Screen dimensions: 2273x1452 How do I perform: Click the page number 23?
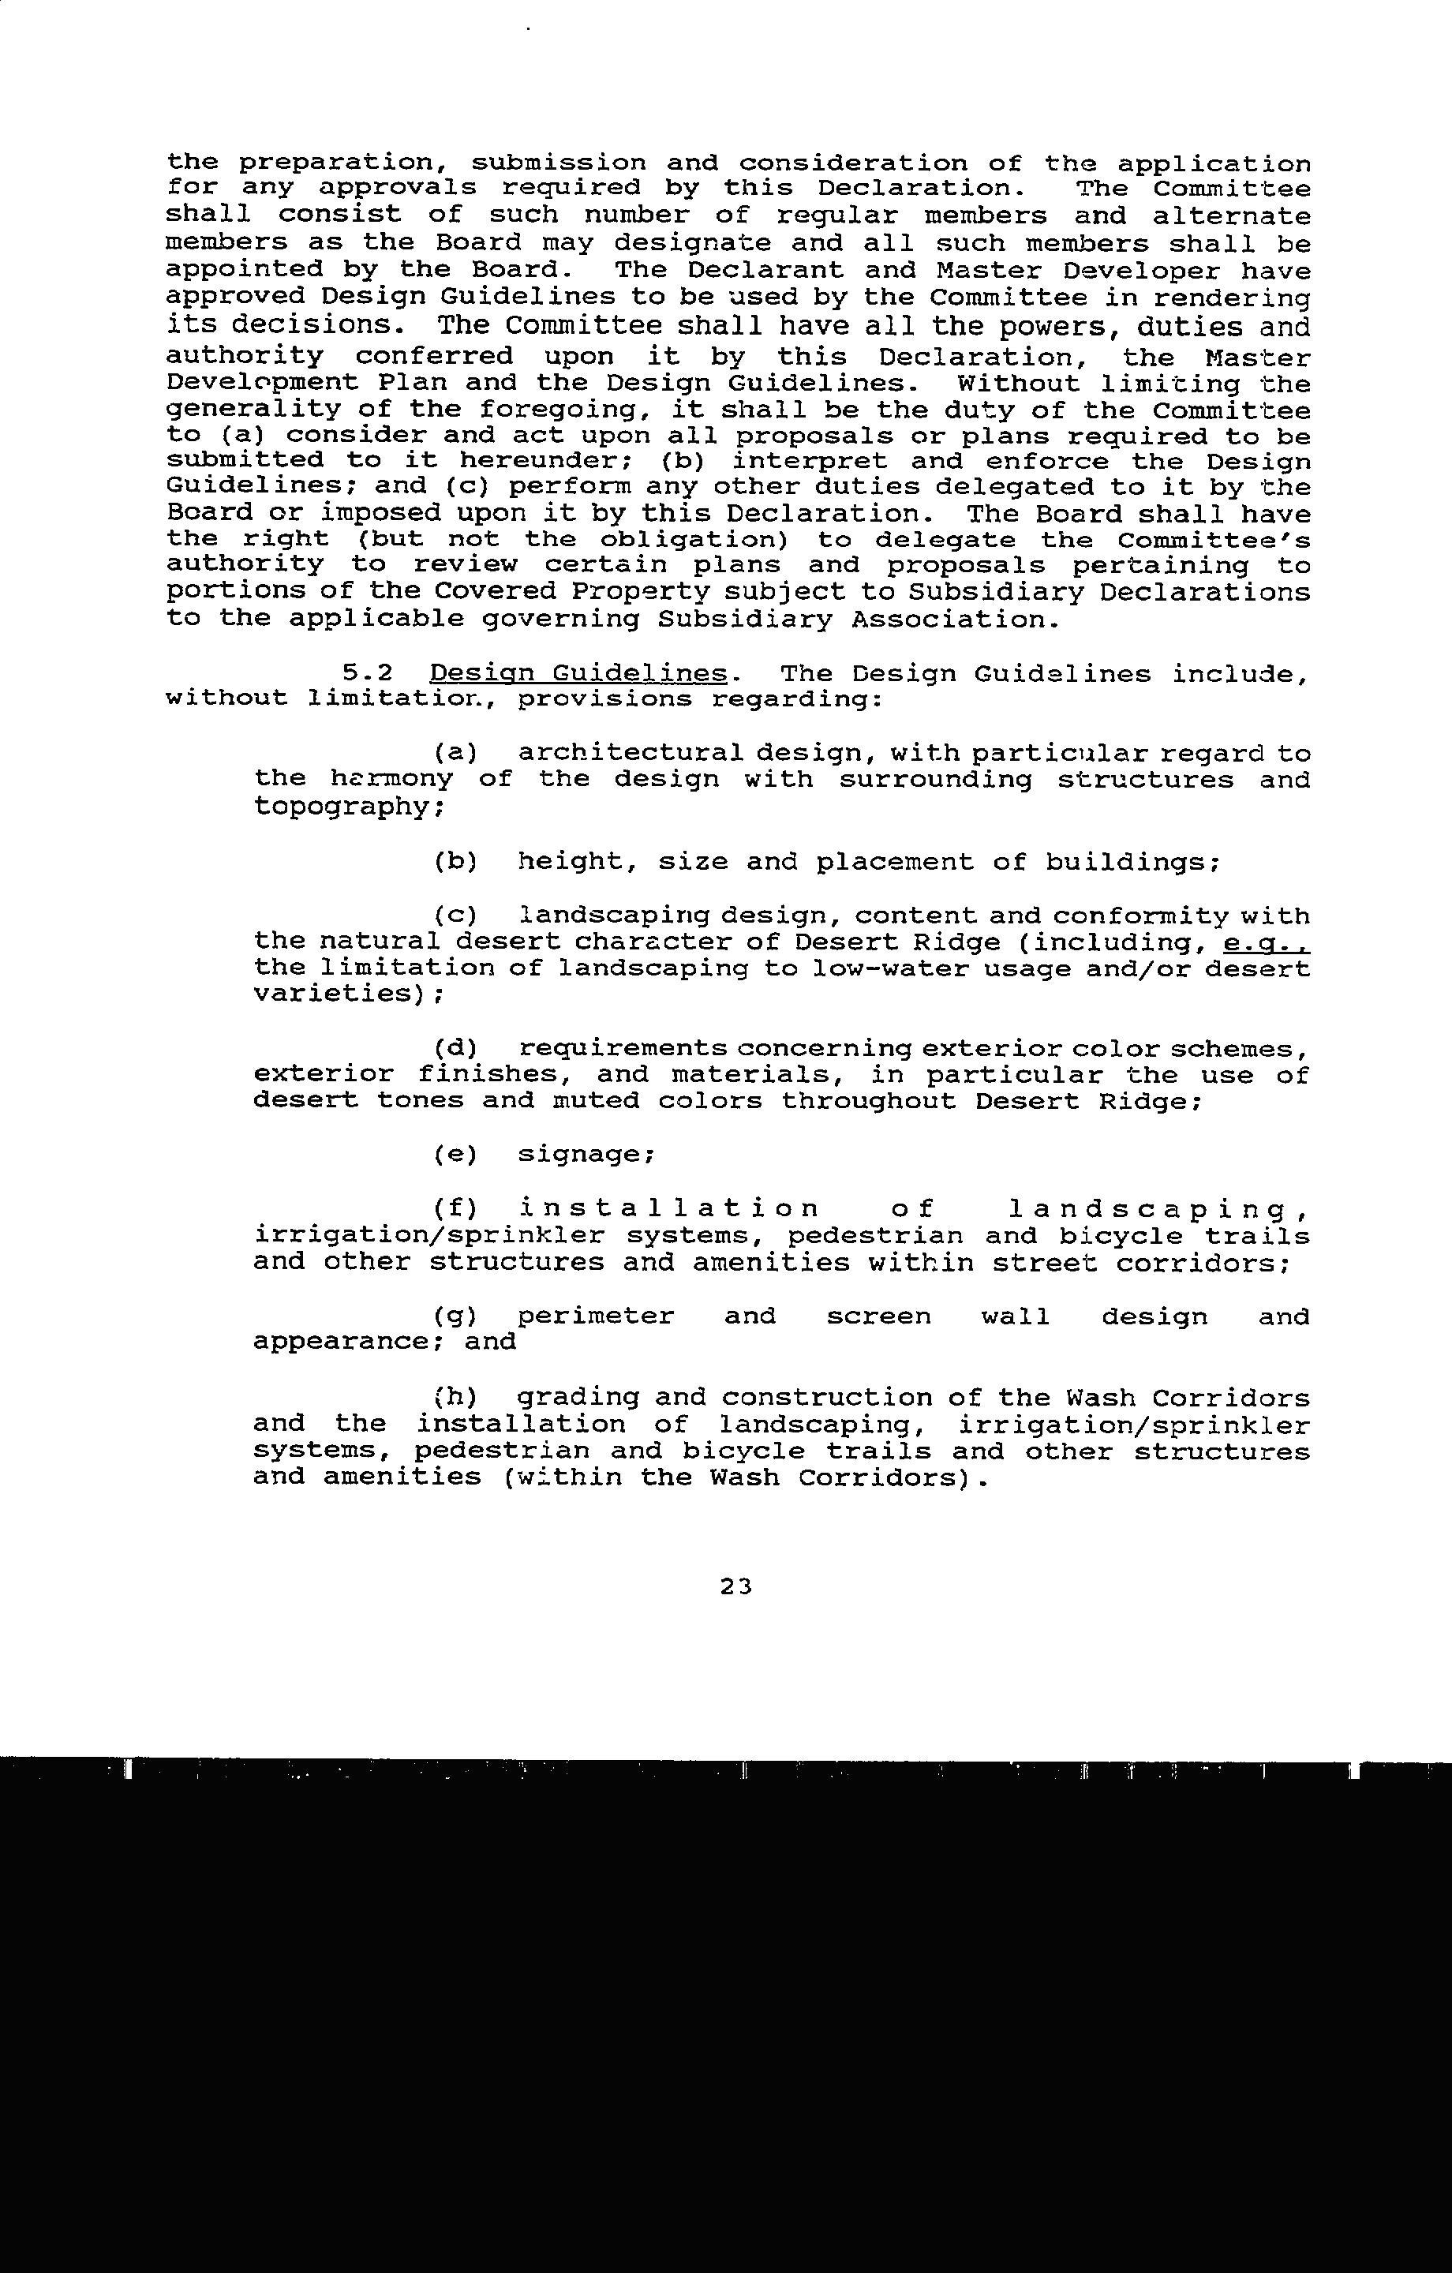click(735, 1586)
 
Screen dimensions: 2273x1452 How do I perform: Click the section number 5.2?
click(367, 674)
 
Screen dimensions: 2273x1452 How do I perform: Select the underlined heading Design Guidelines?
click(578, 674)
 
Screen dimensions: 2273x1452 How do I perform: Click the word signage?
click(586, 1155)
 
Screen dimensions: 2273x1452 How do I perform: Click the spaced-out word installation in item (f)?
click(668, 1209)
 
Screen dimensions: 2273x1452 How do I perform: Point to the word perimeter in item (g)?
click(596, 1316)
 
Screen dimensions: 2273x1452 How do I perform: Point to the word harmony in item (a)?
click(391, 780)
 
